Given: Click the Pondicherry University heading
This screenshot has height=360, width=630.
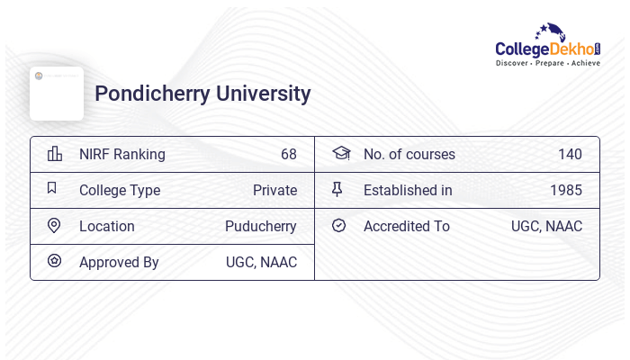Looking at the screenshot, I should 202,94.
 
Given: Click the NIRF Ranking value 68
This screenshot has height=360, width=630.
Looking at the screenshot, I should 288,154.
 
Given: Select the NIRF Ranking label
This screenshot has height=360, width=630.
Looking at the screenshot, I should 122,154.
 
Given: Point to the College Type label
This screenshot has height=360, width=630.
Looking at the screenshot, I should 120,190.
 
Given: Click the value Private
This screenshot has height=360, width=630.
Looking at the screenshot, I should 274,190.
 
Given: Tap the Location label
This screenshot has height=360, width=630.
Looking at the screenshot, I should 107,226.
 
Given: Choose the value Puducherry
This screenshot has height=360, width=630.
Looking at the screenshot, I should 261,226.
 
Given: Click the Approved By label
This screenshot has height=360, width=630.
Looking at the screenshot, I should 119,262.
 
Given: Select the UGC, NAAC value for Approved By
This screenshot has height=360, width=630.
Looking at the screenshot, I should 261,262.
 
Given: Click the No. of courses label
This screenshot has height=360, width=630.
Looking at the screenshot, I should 409,154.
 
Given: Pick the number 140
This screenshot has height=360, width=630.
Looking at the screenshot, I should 570,154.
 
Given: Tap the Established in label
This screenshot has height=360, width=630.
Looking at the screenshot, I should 408,190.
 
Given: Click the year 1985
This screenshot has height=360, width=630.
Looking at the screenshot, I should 566,190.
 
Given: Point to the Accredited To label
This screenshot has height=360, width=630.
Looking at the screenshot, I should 407,226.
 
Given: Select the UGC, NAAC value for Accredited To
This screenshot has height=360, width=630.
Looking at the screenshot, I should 546,226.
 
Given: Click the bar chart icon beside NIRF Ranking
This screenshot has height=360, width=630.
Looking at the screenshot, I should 55,154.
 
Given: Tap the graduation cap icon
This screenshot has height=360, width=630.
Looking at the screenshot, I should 340,153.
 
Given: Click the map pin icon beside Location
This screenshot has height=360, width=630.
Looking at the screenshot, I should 54,225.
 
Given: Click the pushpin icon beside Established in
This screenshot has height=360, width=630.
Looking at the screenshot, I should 337,189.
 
